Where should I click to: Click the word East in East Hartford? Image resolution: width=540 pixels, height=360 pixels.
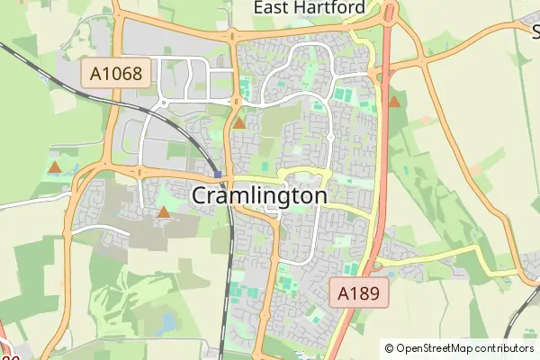coord(274,8)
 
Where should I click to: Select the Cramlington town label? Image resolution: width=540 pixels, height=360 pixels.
coord(259,195)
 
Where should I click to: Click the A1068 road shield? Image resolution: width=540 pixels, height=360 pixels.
coord(116,73)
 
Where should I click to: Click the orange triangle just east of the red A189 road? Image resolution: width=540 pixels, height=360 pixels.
coord(394,102)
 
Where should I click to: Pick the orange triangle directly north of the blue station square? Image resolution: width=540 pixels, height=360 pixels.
coord(239,123)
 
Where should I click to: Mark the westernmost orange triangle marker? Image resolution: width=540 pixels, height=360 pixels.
coord(55,167)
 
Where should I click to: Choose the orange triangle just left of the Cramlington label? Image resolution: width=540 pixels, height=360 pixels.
coord(164,213)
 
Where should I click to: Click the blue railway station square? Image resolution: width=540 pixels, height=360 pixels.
coord(218,174)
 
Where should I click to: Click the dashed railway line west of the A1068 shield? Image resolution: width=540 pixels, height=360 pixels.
coord(36,69)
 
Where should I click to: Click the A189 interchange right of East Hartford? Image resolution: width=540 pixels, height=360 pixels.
coord(390,13)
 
